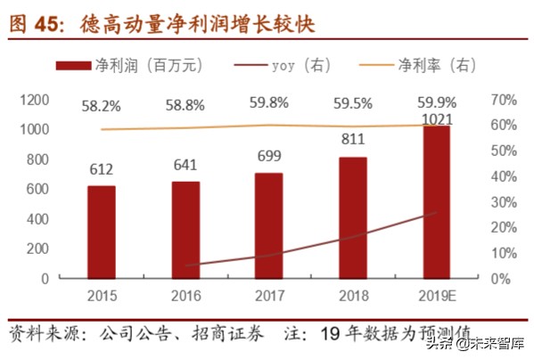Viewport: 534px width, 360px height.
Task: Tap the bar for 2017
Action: pyautogui.click(x=267, y=225)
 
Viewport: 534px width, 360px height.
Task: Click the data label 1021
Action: pyautogui.click(x=437, y=118)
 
